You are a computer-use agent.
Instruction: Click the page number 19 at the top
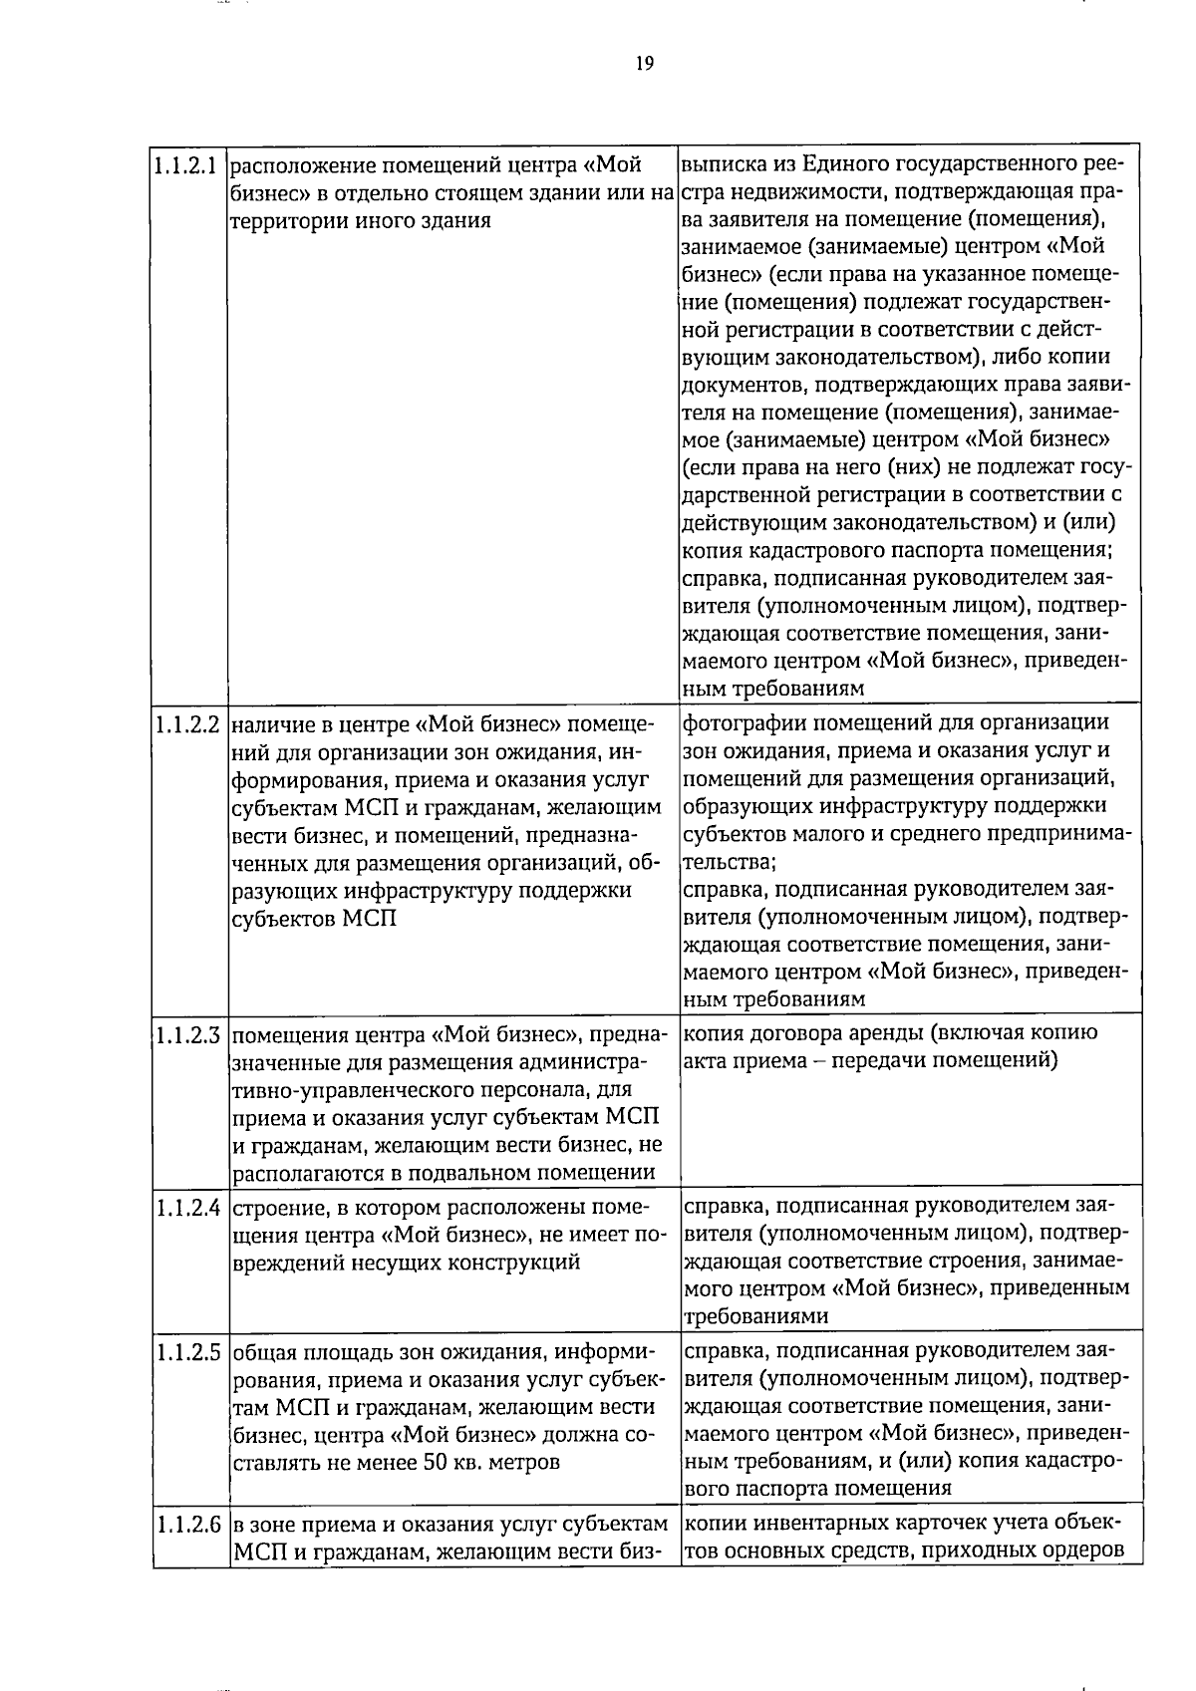click(x=644, y=64)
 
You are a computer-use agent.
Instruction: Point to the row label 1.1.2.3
click(x=187, y=1034)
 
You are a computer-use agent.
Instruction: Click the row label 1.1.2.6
click(x=187, y=1525)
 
